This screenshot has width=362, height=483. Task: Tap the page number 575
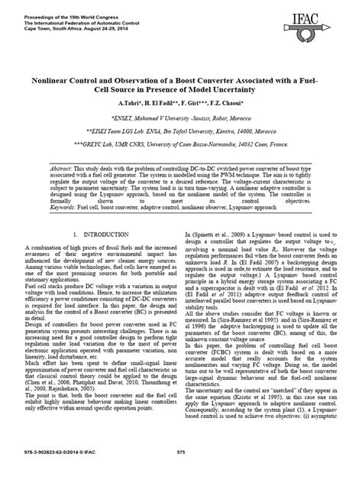(x=180, y=473)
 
